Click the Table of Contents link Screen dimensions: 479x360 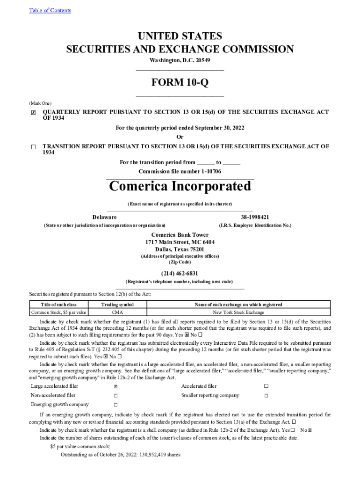(50, 10)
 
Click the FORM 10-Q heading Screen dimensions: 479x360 (180, 83)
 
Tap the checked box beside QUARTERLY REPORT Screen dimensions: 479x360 (33, 113)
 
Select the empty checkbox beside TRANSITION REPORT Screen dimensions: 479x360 (33, 147)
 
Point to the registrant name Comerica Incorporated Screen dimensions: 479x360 (180, 186)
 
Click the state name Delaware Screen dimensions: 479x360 (105, 217)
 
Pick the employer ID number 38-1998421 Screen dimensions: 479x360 (255, 217)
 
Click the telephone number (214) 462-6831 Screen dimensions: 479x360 (180, 273)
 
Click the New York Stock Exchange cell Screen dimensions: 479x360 (238, 312)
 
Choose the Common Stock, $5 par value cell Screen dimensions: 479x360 (58, 312)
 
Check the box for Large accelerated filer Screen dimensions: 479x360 (115, 387)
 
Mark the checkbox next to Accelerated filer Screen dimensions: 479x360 (266, 386)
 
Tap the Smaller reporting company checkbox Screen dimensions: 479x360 (266, 396)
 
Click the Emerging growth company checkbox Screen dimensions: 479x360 (115, 405)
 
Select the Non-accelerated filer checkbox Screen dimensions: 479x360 (115, 396)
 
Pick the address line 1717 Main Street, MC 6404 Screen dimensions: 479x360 (180, 242)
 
